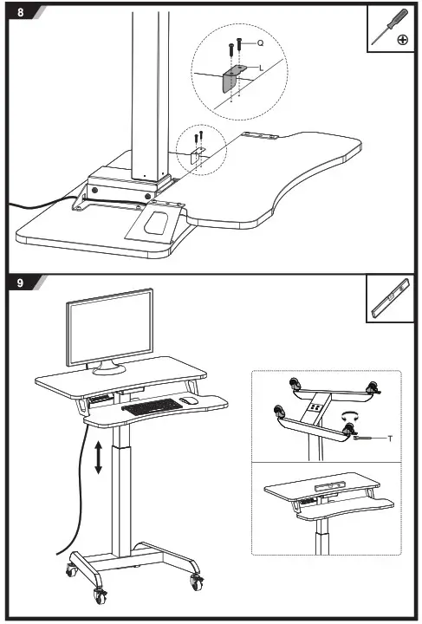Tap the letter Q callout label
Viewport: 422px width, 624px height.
point(259,42)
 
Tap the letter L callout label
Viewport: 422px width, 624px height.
point(263,67)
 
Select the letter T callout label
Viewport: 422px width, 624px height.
point(389,439)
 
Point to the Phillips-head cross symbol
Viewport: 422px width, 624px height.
point(402,40)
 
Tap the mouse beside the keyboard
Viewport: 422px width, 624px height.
point(189,400)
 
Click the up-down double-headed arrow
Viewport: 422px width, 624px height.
point(99,456)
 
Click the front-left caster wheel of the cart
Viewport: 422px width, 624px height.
point(99,595)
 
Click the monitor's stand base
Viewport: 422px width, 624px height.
point(109,367)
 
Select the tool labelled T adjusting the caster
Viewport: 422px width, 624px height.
point(368,439)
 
